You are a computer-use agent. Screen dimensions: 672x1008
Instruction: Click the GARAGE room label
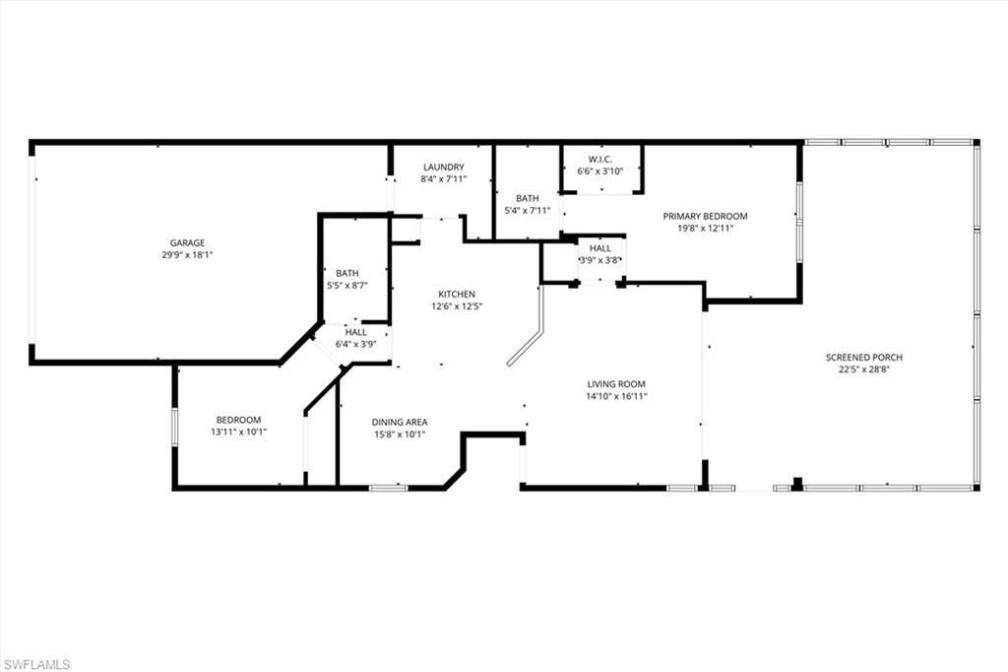coord(186,242)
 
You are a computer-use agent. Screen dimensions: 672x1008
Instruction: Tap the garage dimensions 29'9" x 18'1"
coord(186,254)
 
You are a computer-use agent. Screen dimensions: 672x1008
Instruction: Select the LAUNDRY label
coord(443,168)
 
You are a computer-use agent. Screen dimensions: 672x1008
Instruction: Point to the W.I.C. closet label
coord(600,160)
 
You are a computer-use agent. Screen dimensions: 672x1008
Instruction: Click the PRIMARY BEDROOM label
coord(705,216)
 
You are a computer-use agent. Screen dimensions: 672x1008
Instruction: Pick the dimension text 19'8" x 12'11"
coord(705,228)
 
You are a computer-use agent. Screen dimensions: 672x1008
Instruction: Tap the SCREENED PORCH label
coord(863,358)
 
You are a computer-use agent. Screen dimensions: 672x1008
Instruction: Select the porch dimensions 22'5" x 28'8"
coord(863,370)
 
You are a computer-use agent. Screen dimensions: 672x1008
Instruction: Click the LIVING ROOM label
coord(616,384)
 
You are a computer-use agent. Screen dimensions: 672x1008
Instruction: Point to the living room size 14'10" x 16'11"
coord(616,396)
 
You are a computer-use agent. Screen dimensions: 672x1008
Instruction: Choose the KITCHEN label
coord(457,294)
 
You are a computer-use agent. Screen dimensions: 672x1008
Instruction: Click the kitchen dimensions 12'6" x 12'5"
coord(457,305)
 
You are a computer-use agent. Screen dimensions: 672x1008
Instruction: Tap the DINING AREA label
coord(399,422)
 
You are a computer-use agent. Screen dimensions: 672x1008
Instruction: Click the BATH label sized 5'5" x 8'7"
coord(346,274)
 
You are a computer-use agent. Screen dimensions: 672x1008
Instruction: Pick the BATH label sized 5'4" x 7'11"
coord(527,198)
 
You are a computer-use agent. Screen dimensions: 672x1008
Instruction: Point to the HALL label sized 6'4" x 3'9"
coord(355,332)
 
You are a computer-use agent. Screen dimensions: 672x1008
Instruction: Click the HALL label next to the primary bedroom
coord(600,248)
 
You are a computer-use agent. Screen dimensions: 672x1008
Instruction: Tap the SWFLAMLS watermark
coord(36,664)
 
